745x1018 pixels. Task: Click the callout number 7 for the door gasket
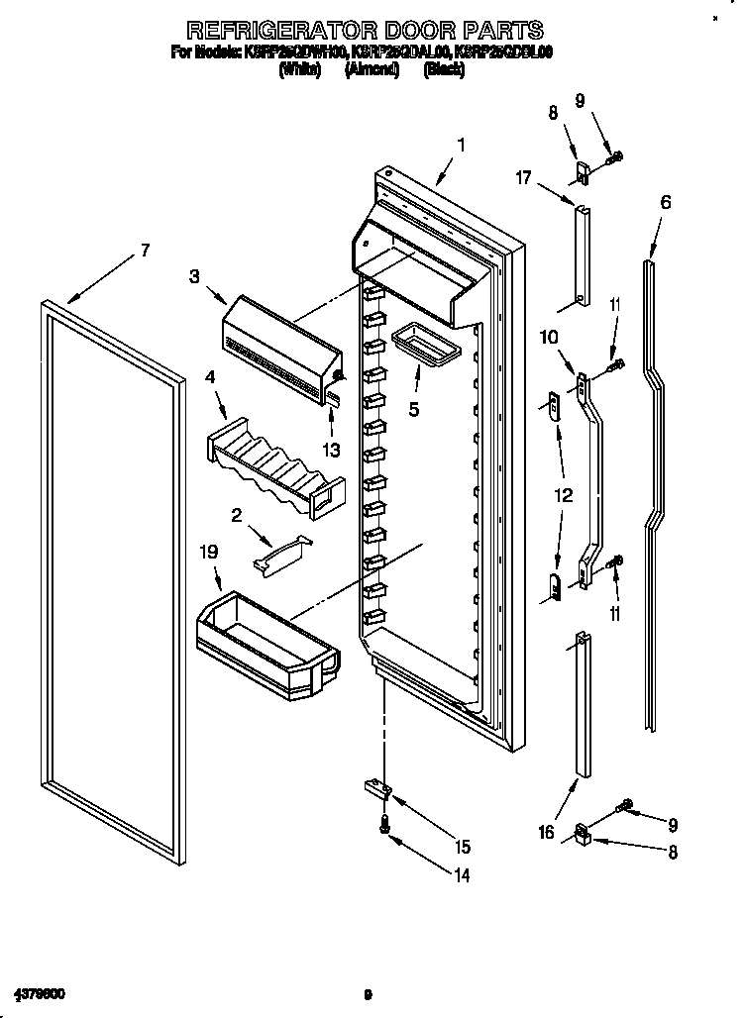(145, 251)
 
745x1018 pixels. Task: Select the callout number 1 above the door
(460, 145)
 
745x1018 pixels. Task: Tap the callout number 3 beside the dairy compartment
(195, 278)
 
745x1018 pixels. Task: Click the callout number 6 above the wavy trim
(666, 203)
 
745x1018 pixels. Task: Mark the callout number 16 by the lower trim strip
(546, 834)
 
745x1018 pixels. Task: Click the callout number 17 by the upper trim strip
(524, 178)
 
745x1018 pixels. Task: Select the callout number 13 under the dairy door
(331, 451)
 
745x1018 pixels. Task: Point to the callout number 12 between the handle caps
(564, 496)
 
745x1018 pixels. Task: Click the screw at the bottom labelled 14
(383, 823)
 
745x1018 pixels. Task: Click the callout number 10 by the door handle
(549, 339)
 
